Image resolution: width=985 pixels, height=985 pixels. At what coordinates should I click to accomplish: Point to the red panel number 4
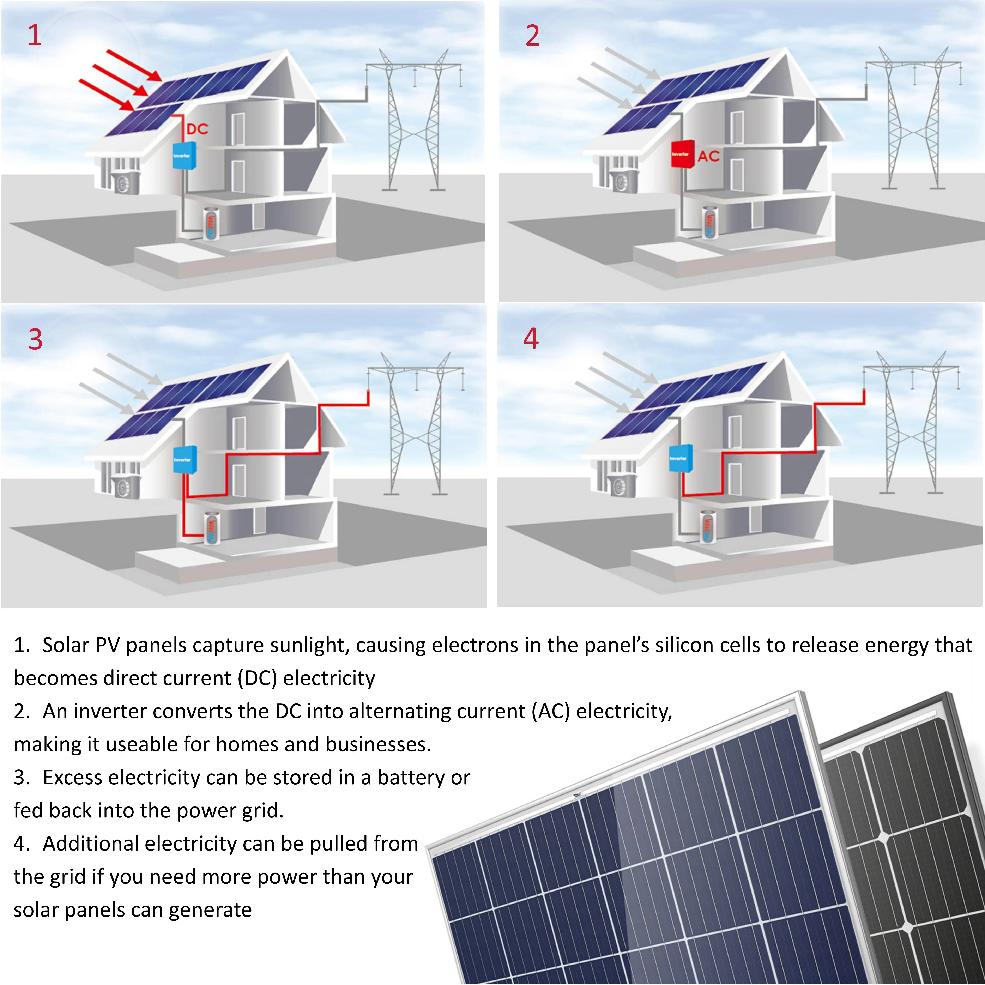click(531, 339)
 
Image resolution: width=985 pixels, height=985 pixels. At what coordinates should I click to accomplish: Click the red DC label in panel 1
click(197, 129)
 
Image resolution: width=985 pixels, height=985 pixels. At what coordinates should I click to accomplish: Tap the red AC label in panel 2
click(709, 156)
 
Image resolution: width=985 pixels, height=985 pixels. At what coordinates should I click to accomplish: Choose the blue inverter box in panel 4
click(680, 458)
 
